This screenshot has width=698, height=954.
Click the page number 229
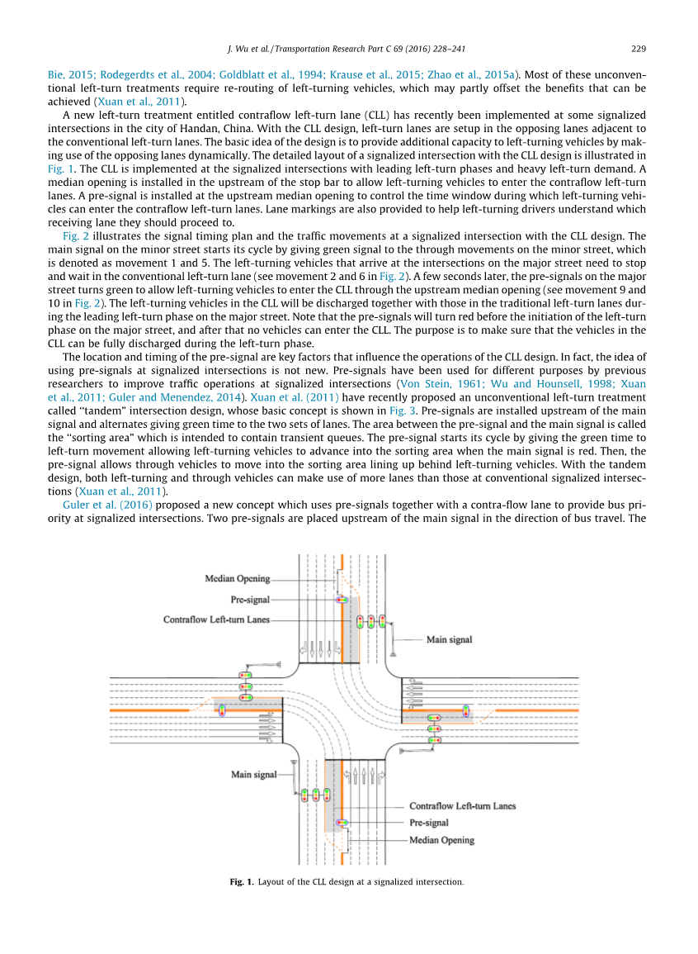click(x=638, y=47)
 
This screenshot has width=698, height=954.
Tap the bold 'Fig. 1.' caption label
click(x=243, y=882)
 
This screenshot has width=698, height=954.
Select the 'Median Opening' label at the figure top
click(x=237, y=579)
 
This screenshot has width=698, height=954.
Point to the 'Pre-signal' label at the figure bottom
click(x=429, y=823)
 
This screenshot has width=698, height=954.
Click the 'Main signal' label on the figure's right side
click(x=449, y=639)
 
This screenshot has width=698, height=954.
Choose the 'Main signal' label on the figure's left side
click(x=253, y=775)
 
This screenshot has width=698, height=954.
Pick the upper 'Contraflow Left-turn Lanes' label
click(x=216, y=619)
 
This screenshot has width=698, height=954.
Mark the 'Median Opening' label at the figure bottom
click(x=441, y=840)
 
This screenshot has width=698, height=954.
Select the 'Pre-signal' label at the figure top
click(x=250, y=599)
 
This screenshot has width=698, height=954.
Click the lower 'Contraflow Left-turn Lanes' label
click(x=462, y=805)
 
